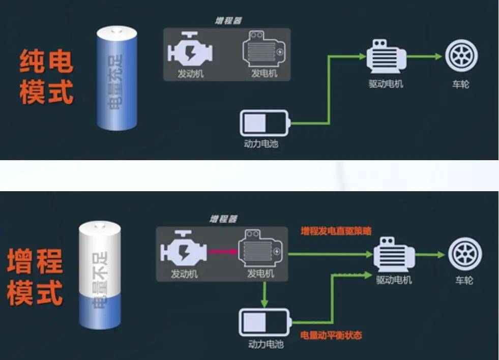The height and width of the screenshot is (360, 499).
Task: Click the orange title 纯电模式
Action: point(46,76)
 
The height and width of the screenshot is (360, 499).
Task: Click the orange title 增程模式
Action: point(35,277)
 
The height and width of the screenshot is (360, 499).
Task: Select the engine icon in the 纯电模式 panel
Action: point(190,50)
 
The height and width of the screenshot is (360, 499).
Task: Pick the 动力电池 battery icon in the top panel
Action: point(265,124)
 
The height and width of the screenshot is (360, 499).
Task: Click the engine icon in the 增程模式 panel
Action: point(184,250)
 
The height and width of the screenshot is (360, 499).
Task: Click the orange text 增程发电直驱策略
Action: point(336,231)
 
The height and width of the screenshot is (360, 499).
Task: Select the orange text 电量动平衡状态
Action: point(331,335)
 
